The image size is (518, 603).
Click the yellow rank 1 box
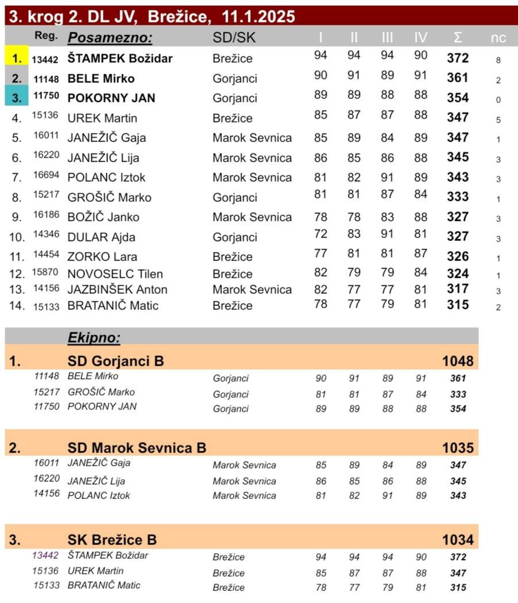tap(16, 58)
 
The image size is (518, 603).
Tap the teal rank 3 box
tap(16, 97)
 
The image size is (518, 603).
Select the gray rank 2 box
tap(16, 78)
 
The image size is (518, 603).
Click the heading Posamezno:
tap(110, 38)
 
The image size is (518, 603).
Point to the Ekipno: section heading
tap(94, 337)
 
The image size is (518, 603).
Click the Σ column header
tap(458, 38)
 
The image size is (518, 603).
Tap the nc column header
tap(498, 38)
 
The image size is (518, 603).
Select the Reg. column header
tap(46, 36)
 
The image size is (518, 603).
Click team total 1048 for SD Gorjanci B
tap(458, 361)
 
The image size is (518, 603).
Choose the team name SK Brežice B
tap(112, 540)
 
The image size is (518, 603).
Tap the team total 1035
tap(458, 448)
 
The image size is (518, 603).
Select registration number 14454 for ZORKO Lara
tap(45, 254)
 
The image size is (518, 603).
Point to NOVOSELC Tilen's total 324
tap(458, 274)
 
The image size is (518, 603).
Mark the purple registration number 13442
tap(45, 555)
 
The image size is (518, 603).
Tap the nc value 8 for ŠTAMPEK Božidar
tap(498, 60)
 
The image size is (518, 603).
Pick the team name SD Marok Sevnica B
tap(137, 448)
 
